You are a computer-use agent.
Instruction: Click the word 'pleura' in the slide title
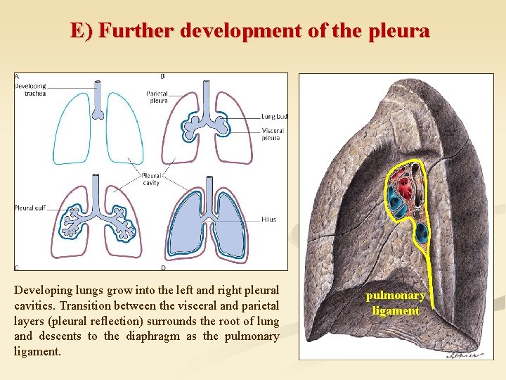point(397,31)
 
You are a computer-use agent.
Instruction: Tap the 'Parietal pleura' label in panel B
point(157,97)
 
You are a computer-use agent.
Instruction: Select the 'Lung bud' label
point(274,116)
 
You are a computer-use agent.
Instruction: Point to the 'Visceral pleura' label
point(273,134)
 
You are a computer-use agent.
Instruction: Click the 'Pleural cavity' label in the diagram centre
point(151,179)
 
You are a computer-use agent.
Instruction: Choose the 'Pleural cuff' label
point(30,208)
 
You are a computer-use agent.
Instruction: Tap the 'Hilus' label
point(268,219)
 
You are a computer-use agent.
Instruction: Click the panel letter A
point(17,76)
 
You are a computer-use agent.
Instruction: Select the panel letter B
point(163,76)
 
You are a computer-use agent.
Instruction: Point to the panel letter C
point(17,267)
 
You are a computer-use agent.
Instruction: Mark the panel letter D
point(163,267)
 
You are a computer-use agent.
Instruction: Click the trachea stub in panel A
point(98,99)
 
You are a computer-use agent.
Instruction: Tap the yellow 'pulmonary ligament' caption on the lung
point(396,303)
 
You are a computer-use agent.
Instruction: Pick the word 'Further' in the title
point(138,31)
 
